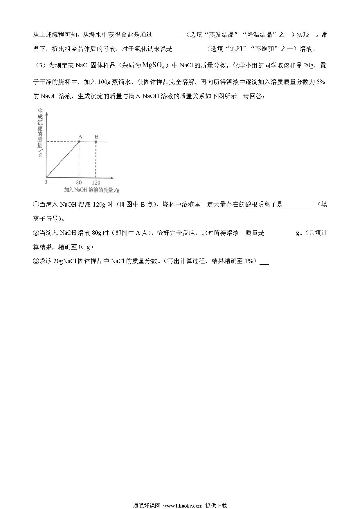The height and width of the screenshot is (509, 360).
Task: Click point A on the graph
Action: coord(79,142)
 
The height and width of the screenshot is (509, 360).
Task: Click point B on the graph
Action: coord(96,142)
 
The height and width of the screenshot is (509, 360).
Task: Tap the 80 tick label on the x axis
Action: coord(79,183)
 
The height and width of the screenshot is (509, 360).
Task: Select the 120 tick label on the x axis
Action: coord(96,183)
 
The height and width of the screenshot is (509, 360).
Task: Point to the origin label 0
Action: coord(46,182)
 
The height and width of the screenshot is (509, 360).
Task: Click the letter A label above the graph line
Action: coord(80,137)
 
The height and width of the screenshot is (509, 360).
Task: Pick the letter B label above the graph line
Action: coord(97,137)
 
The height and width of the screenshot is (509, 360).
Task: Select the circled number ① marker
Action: coord(36,205)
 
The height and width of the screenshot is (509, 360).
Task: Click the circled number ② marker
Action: coord(36,233)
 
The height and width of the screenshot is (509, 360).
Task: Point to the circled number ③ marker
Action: coord(36,261)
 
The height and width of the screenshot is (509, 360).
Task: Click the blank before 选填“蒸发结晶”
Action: coord(168,35)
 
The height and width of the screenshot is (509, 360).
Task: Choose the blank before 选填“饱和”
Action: coord(188,49)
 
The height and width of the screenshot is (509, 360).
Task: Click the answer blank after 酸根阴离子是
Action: coord(299,205)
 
